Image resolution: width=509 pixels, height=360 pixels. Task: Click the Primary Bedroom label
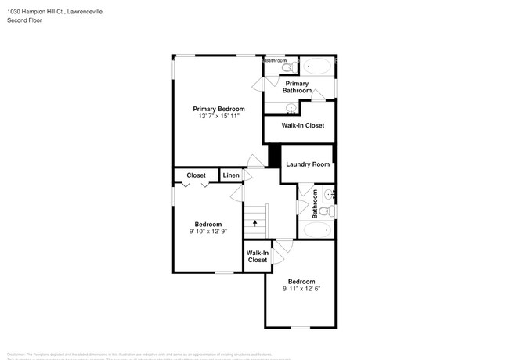[219, 109]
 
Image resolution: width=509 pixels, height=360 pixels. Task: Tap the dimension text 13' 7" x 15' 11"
[219, 116]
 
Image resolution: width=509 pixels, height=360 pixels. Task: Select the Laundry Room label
[307, 164]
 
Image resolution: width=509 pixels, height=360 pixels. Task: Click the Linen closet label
[231, 175]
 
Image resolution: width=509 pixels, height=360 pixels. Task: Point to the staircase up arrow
[254, 222]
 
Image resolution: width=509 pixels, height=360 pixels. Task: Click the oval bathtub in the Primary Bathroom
[316, 67]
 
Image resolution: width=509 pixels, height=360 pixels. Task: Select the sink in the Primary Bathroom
[291, 108]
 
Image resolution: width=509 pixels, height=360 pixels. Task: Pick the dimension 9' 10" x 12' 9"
[208, 232]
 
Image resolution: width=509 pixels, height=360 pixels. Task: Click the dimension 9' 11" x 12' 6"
[301, 289]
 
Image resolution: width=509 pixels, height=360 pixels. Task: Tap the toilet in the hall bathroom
[330, 211]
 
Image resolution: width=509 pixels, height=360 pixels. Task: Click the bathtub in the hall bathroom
[316, 230]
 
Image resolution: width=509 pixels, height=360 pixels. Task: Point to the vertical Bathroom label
[315, 203]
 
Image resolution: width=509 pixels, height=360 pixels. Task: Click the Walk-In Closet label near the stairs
[258, 257]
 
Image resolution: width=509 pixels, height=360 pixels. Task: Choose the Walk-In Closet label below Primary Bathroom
[298, 125]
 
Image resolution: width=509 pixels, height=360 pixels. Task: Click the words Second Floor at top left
[26, 20]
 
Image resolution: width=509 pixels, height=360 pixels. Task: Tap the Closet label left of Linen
[196, 175]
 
